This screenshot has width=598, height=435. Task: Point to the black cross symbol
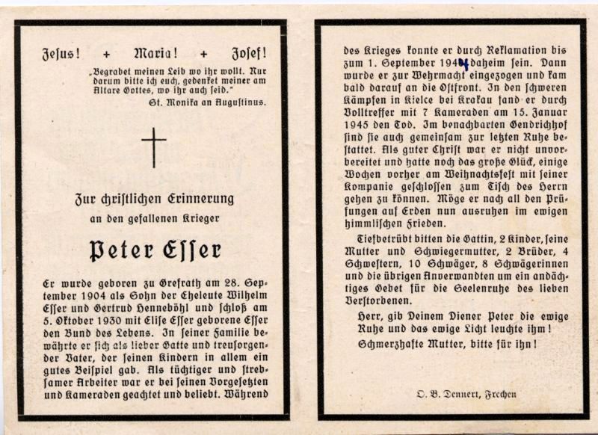point(154,147)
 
